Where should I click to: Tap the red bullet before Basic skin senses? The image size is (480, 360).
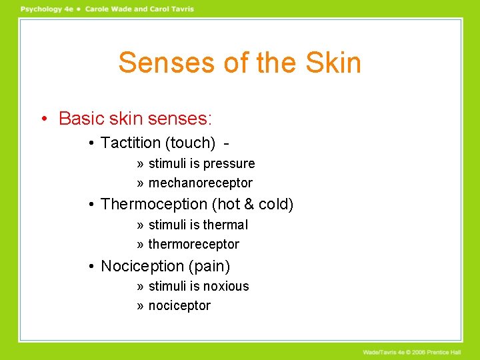(x=43, y=119)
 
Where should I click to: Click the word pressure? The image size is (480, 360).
(x=229, y=164)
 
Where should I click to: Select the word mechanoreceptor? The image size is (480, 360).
(x=200, y=183)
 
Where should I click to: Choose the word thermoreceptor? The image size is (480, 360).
(x=193, y=244)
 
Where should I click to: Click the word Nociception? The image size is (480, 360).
(x=142, y=266)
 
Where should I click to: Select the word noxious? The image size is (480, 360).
(x=226, y=287)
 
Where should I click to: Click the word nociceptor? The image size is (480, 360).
(x=179, y=305)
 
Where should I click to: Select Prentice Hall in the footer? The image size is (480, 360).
(x=454, y=352)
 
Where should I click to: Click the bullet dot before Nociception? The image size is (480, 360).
(x=91, y=267)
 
